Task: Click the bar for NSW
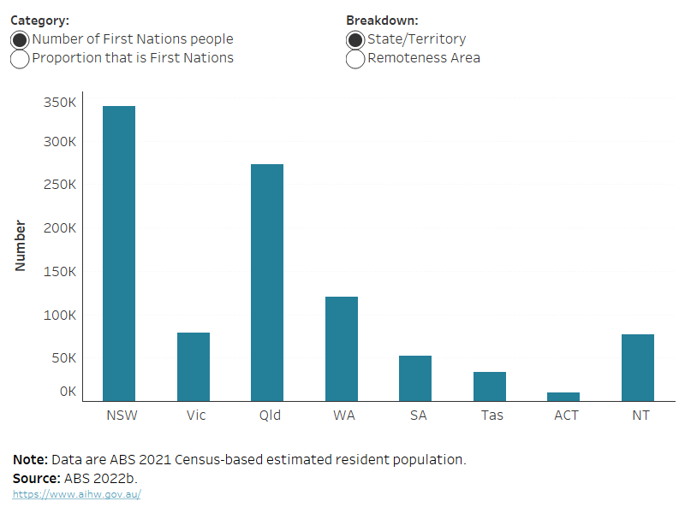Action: pyautogui.click(x=119, y=253)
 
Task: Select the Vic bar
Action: pyautogui.click(x=194, y=366)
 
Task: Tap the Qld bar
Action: pyautogui.click(x=267, y=282)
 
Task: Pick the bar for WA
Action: pyautogui.click(x=342, y=348)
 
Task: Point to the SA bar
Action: pyautogui.click(x=415, y=378)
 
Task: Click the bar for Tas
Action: pyautogui.click(x=490, y=386)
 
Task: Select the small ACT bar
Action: pyautogui.click(x=563, y=396)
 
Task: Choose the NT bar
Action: pyautogui.click(x=638, y=367)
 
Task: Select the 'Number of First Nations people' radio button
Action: pyautogui.click(x=20, y=39)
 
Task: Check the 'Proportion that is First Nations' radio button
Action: pyautogui.click(x=20, y=59)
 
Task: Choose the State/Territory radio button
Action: pyautogui.click(x=355, y=39)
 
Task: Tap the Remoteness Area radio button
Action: pyautogui.click(x=355, y=59)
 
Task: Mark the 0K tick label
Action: pyautogui.click(x=67, y=392)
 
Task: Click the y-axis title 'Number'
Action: pyautogui.click(x=21, y=246)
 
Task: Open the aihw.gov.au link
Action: pyautogui.click(x=76, y=494)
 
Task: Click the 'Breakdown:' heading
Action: pyautogui.click(x=382, y=20)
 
